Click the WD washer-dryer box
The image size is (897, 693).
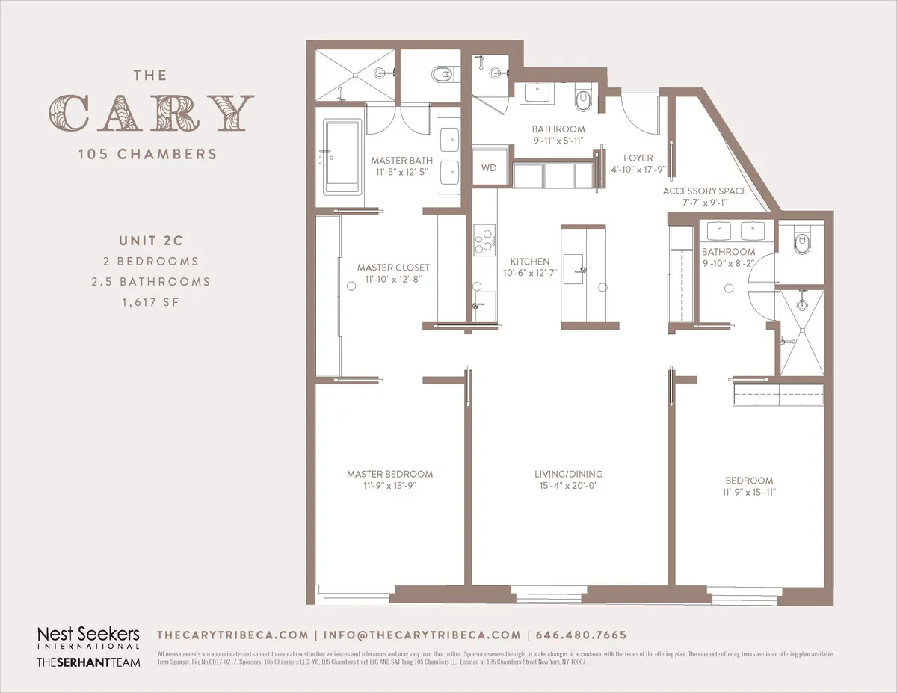point(489,167)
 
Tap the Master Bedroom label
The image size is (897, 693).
point(389,474)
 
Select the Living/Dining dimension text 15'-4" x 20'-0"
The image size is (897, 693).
point(568,486)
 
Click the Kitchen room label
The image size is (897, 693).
point(530,262)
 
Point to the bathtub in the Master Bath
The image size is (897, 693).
point(342,156)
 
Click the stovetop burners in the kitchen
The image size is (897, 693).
point(484,240)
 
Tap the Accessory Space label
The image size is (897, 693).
point(704,191)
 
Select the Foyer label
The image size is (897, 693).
point(638,158)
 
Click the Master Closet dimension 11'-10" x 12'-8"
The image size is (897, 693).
point(393,279)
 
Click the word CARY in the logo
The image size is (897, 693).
point(152,113)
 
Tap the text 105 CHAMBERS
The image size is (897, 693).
point(147,155)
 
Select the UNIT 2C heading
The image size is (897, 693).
point(150,241)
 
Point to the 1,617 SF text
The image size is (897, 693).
point(150,302)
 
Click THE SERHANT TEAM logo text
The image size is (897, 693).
point(88,662)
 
